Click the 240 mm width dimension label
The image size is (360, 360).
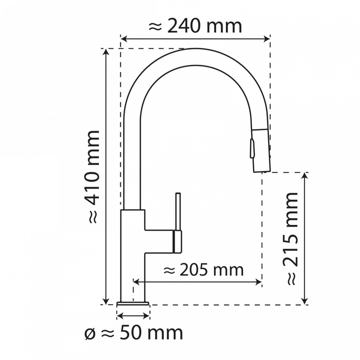(x=195, y=27)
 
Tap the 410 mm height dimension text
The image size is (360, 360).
(x=93, y=176)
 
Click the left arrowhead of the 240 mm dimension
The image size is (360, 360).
(x=124, y=39)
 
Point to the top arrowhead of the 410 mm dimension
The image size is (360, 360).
(x=106, y=52)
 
